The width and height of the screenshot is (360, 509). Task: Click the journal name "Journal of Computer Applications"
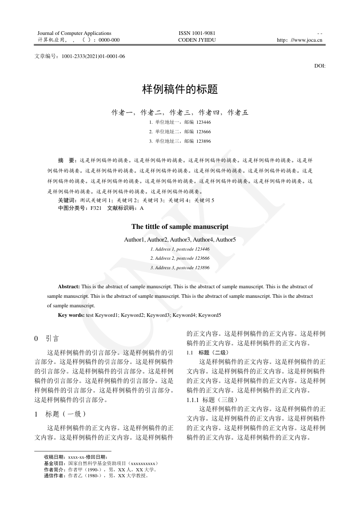point(74,33)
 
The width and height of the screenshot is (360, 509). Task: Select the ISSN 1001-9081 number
point(197,33)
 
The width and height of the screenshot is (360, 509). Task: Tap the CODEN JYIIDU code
point(197,40)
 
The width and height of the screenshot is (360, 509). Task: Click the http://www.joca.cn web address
point(299,40)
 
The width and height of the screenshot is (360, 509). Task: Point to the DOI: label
point(320,66)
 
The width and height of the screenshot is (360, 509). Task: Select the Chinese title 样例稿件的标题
point(180,89)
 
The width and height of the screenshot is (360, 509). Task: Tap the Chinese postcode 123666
point(204,131)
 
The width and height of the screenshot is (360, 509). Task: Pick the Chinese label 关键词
point(67,200)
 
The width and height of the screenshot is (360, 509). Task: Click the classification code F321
point(96,208)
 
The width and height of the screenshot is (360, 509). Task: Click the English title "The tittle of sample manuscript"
point(180,227)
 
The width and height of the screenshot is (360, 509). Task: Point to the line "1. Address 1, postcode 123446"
point(180,249)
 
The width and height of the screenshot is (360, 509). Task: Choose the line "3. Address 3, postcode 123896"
point(180,268)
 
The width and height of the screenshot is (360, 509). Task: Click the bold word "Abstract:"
point(69,287)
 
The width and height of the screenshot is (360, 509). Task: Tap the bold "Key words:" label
point(71,315)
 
